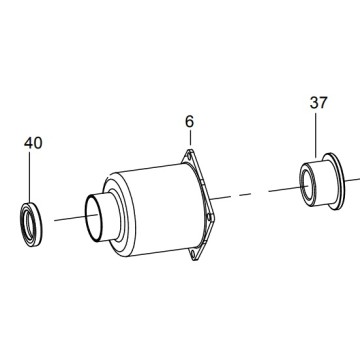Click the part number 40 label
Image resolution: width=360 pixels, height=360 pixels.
[x=33, y=143]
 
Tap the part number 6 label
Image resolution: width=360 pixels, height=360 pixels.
[x=189, y=122]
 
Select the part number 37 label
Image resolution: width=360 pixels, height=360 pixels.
[x=319, y=103]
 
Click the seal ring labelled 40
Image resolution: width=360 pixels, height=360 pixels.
[x=31, y=224]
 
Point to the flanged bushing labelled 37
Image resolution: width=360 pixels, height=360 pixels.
[x=322, y=182]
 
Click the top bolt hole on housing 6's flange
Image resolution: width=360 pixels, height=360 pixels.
[x=189, y=155]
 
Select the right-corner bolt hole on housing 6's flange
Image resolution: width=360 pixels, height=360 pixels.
[x=209, y=217]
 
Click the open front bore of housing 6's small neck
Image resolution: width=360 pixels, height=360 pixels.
[x=93, y=217]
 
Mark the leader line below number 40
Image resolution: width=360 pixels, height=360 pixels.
[x=29, y=177]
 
